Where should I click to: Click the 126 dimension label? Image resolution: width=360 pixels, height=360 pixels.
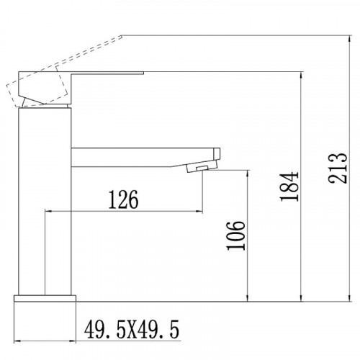point(122,197)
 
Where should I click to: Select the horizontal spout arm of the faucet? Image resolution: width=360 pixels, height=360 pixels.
point(144,157)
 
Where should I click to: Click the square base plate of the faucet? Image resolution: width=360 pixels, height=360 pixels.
point(45,298)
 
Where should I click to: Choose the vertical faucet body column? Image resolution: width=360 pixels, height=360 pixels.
point(45,202)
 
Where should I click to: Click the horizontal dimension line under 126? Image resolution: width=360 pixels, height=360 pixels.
point(122,210)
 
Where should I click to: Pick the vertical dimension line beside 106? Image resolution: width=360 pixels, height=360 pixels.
point(248,238)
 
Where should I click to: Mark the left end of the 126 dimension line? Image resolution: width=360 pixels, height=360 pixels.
point(46,210)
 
